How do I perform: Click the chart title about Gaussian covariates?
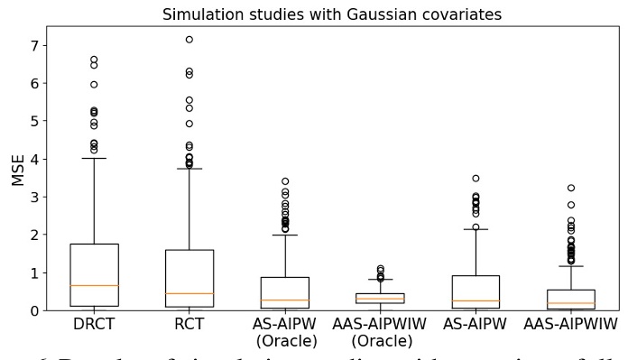coord(331,14)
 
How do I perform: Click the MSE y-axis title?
coord(18,168)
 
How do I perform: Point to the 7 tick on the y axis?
coord(42,45)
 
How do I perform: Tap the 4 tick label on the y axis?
coord(42,159)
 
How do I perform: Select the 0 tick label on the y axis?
coord(42,310)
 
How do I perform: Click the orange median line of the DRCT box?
coord(93,285)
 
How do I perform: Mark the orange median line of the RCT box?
coord(189,293)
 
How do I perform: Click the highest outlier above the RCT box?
coord(189,39)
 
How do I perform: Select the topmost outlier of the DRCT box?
coord(93,60)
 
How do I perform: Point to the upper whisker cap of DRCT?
coord(93,158)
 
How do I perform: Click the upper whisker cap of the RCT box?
coord(189,169)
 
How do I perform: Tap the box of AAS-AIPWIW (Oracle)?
coord(380,298)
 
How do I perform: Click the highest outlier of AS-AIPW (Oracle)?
coord(284,181)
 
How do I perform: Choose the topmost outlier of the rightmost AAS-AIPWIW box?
coord(571,188)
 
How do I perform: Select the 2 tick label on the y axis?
coord(42,235)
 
